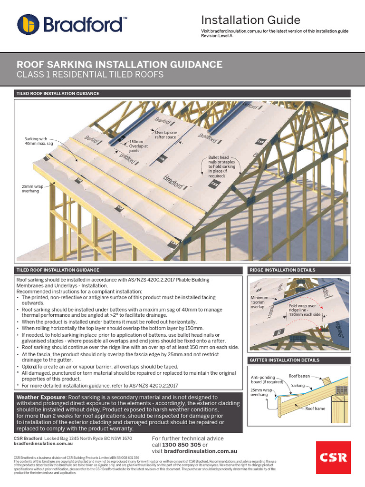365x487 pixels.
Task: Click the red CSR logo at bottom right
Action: click(x=334, y=458)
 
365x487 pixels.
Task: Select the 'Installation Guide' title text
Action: click(x=250, y=20)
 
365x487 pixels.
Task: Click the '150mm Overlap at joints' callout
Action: click(x=139, y=146)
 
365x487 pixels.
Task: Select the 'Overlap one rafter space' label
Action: click(x=166, y=135)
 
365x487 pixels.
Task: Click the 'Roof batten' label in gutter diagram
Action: click(x=299, y=376)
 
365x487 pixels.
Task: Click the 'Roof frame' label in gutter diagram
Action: click(x=315, y=409)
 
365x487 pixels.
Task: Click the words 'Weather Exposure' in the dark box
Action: click(x=41, y=397)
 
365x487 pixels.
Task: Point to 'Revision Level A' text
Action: click(x=217, y=36)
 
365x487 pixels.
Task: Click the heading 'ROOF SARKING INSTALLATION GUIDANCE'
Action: click(x=119, y=64)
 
